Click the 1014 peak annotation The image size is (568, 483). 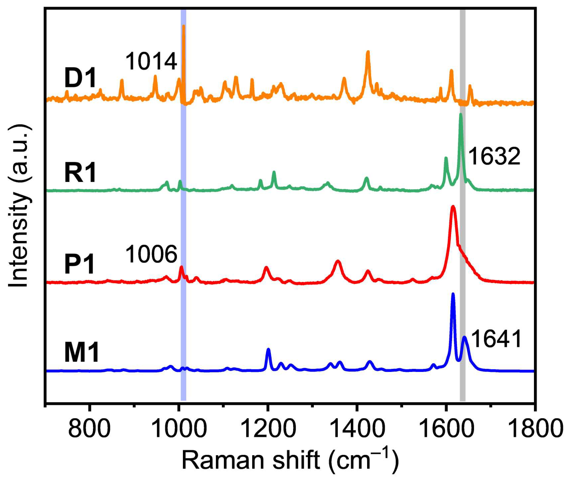click(x=151, y=62)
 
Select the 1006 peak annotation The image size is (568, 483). click(x=151, y=255)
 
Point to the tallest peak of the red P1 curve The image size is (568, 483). click(x=453, y=207)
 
